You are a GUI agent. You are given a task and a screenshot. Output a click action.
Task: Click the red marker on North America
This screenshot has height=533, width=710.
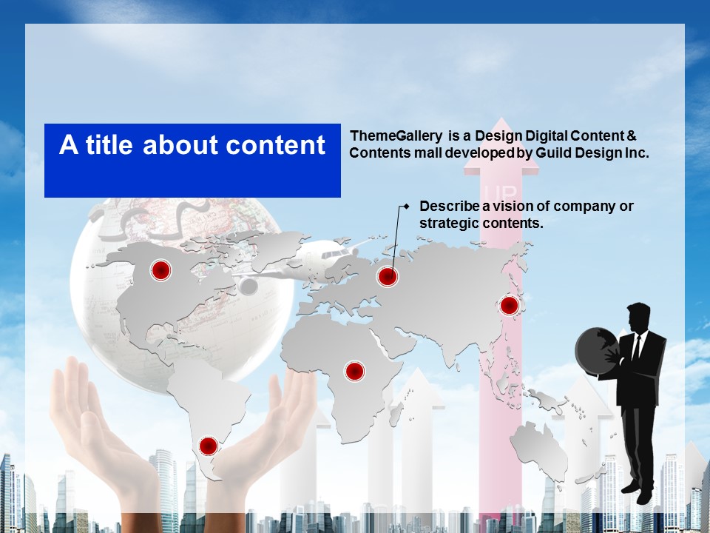click(x=160, y=270)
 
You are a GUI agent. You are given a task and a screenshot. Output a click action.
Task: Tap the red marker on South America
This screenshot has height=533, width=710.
click(x=209, y=446)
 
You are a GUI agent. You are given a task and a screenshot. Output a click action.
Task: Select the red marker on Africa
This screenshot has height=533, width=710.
click(x=355, y=371)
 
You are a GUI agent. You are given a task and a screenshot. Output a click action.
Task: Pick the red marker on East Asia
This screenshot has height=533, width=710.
click(x=510, y=306)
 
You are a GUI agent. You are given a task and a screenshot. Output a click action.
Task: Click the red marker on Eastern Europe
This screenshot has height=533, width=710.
click(x=388, y=276)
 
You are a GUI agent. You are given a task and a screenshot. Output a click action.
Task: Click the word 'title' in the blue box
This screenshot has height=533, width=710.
click(x=109, y=144)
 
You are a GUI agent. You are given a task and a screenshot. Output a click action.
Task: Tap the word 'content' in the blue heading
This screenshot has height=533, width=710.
click(x=275, y=145)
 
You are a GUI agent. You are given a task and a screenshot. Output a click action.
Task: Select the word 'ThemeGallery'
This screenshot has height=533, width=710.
click(x=396, y=136)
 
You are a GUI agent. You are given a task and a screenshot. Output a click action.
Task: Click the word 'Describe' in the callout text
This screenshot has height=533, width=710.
click(x=449, y=206)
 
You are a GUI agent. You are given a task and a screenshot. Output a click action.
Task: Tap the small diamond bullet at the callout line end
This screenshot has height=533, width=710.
click(x=406, y=207)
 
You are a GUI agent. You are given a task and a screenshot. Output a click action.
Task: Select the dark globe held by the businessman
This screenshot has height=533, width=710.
click(x=595, y=351)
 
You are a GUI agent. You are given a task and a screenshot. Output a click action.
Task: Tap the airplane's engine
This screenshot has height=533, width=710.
click(x=248, y=286)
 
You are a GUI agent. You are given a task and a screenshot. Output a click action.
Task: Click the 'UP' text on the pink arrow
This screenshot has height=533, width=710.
click(x=501, y=192)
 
